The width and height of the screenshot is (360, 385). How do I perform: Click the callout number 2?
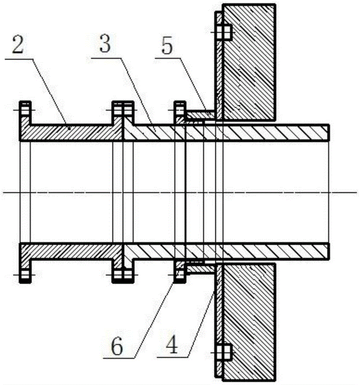(18, 44)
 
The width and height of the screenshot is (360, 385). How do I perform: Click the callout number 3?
(105, 44)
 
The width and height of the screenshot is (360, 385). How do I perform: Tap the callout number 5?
(167, 45)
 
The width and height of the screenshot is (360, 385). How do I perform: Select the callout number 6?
(117, 347)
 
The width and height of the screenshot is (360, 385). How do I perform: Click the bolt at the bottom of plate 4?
(224, 352)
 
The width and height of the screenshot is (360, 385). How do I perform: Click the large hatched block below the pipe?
(249, 321)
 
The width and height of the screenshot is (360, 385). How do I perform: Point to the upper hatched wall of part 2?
(71, 132)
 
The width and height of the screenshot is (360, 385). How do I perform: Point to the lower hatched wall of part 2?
(71, 251)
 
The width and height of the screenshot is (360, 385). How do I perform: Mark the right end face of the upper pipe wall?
(328, 132)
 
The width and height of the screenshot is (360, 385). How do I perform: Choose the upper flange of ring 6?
(180, 112)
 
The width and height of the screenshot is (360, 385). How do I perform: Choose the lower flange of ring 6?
(180, 271)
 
